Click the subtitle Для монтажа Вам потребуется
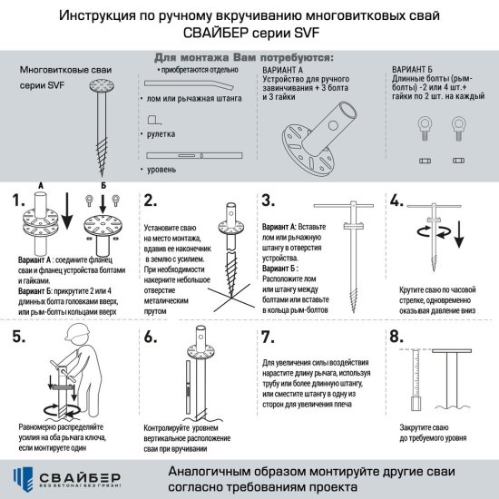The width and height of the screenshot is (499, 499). pos(245,56)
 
